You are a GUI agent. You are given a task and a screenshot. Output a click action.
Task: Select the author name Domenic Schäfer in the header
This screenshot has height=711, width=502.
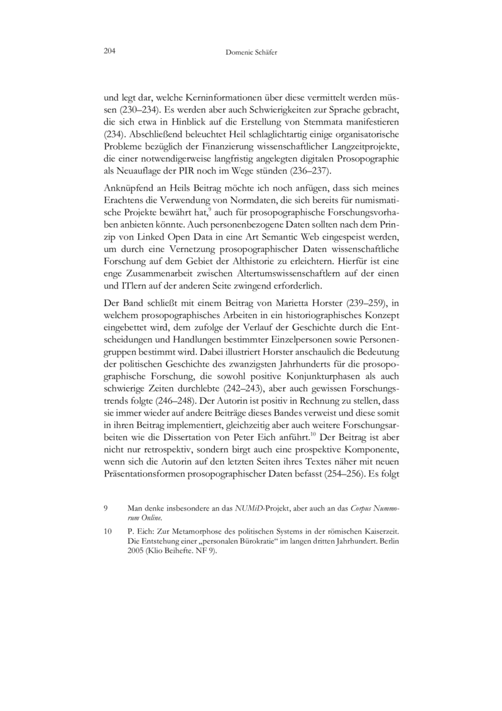(251, 54)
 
